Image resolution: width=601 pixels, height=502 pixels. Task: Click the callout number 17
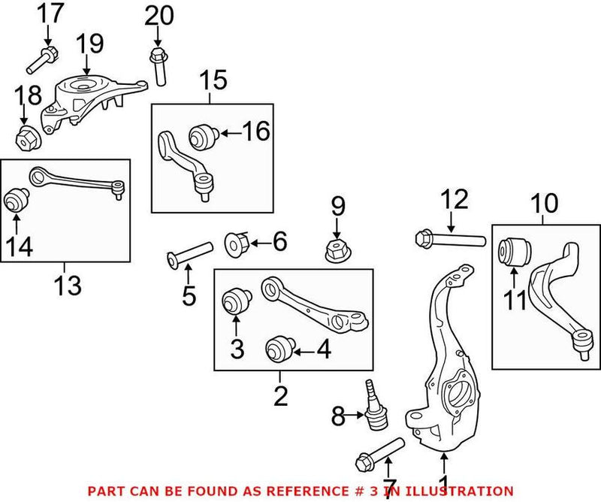[x=52, y=13]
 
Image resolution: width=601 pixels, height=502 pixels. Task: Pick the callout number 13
[x=65, y=285]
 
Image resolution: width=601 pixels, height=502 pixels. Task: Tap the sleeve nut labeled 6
[x=237, y=243]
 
